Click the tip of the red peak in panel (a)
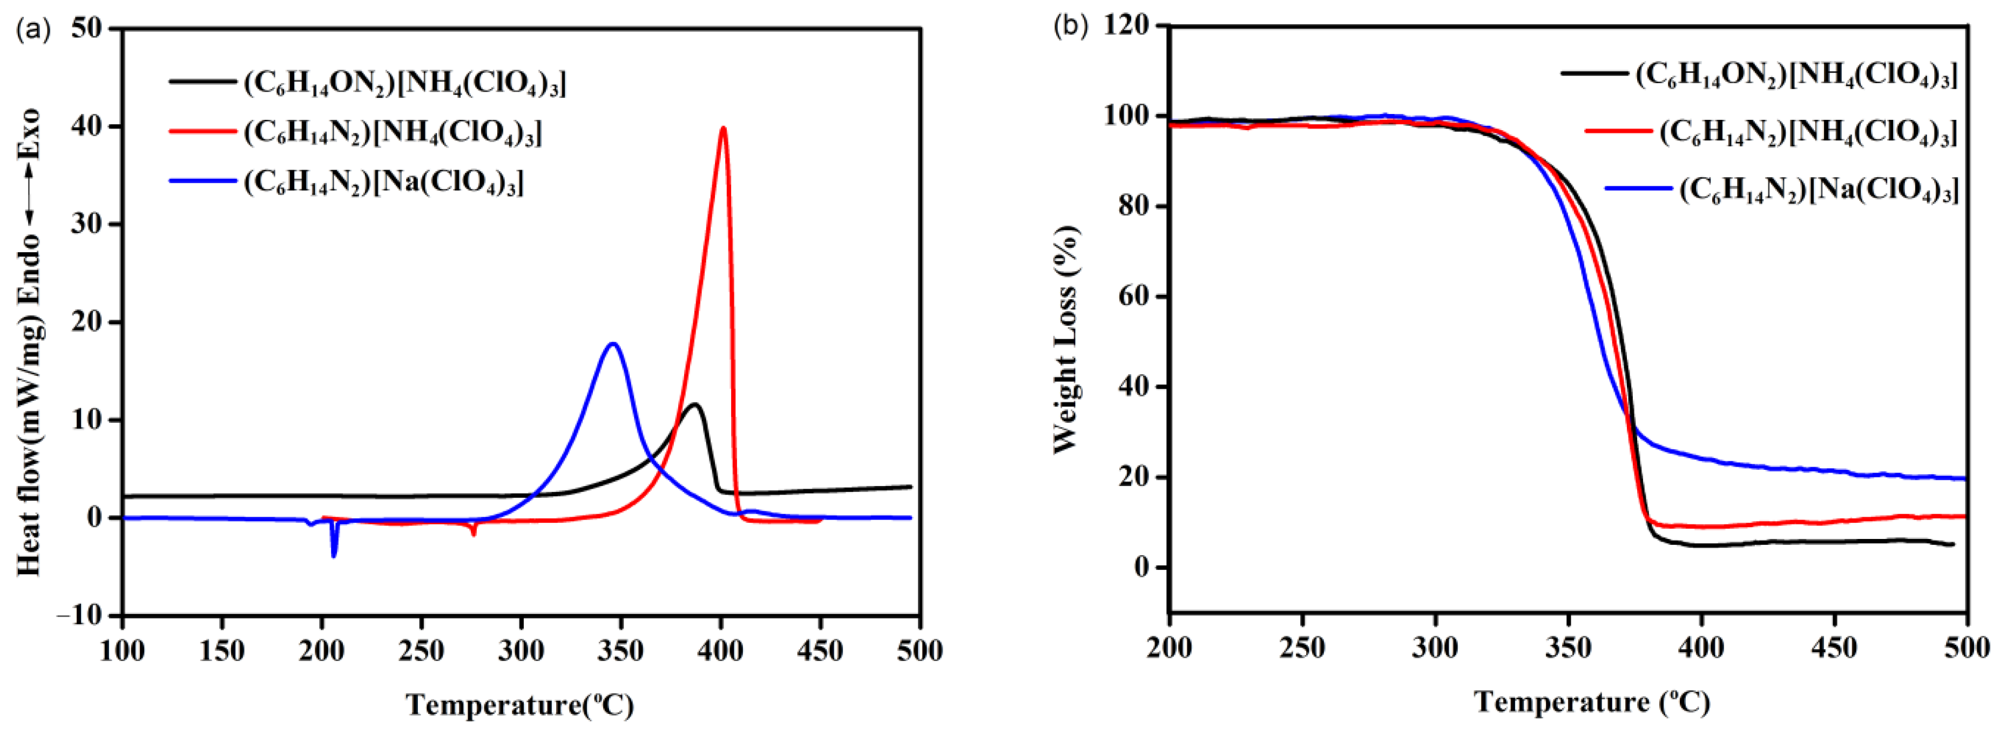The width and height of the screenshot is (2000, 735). (723, 128)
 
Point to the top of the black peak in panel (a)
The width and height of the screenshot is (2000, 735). (695, 404)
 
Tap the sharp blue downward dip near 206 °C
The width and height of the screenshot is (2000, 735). (334, 555)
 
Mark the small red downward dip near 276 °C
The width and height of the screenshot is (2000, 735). (474, 533)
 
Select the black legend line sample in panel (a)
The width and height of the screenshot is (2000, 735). (202, 80)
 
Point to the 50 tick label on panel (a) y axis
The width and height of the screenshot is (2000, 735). (86, 29)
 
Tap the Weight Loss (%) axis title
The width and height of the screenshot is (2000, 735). (1066, 339)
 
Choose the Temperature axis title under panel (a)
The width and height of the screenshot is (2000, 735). (519, 705)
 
